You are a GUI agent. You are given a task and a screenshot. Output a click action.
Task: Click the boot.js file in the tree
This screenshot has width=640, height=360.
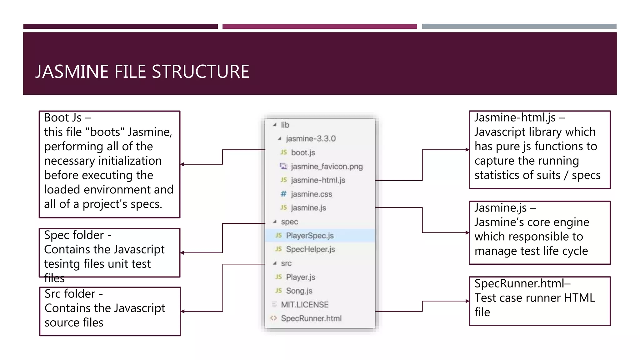303,152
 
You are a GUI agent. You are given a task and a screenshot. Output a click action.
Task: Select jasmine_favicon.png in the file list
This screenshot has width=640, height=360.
327,167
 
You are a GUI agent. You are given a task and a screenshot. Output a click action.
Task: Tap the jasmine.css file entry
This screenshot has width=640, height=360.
311,194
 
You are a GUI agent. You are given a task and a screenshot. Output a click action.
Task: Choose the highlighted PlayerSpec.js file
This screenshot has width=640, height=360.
310,236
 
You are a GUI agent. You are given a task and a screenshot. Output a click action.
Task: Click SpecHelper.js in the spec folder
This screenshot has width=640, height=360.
310,249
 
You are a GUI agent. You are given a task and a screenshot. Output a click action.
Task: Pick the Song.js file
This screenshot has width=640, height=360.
299,291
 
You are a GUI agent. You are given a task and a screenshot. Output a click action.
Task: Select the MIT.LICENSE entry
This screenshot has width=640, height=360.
304,305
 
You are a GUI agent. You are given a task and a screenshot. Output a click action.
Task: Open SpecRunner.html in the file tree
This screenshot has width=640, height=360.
311,318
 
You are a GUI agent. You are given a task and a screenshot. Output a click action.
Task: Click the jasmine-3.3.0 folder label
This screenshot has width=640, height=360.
311,139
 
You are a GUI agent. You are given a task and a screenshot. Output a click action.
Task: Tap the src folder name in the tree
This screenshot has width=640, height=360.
286,263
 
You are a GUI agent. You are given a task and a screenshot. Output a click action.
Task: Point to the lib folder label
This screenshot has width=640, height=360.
285,125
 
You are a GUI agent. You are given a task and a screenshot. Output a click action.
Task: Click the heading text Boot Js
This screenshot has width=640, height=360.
63,118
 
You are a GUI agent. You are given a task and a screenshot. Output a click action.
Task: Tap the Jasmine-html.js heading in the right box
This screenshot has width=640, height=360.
515,117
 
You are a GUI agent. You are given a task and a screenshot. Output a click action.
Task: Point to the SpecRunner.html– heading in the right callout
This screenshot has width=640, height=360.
522,283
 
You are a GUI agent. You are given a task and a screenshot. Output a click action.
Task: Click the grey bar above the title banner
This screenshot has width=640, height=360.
519,27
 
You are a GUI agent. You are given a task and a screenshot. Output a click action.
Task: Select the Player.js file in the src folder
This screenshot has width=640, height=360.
300,277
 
